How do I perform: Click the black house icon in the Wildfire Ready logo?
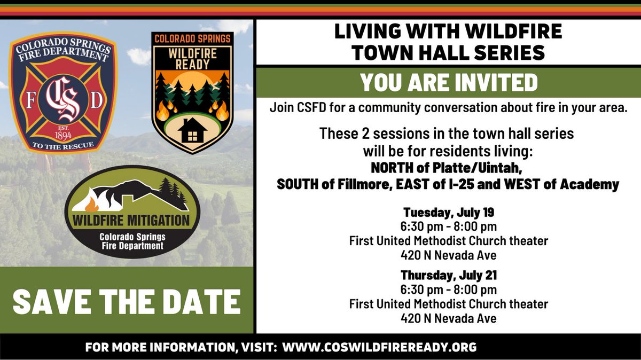pyautogui.click(x=191, y=130)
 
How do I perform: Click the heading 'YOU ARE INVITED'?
pyautogui.click(x=448, y=82)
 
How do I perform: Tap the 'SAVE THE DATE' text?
pyautogui.click(x=126, y=301)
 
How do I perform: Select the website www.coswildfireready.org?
pyautogui.click(x=379, y=347)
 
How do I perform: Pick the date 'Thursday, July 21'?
pyautogui.click(x=448, y=276)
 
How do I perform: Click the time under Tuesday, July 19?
pyautogui.click(x=448, y=227)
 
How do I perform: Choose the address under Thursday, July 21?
pyautogui.click(x=448, y=318)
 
